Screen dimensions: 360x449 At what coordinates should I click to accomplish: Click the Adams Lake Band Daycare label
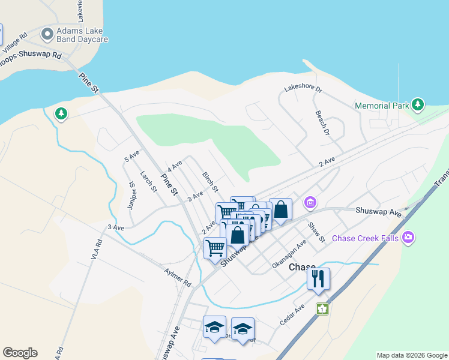pos(82,35)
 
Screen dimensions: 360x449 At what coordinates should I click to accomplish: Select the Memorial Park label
pos(382,106)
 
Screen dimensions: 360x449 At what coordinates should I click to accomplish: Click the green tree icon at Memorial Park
pos(418,106)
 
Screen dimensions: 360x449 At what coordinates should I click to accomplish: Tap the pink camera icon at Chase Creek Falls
pos(408,238)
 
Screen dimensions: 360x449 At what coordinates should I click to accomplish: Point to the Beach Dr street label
pos(323,123)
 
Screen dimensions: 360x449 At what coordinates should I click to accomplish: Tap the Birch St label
pos(209,182)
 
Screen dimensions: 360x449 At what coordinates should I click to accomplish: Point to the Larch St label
pos(148,182)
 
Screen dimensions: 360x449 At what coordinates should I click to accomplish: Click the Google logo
pos(20,353)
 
